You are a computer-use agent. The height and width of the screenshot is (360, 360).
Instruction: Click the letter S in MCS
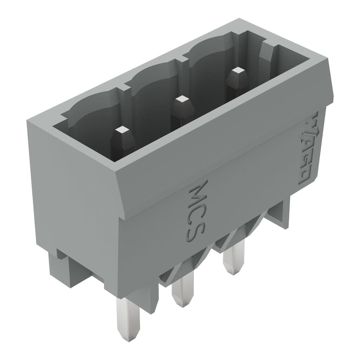click(195, 234)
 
